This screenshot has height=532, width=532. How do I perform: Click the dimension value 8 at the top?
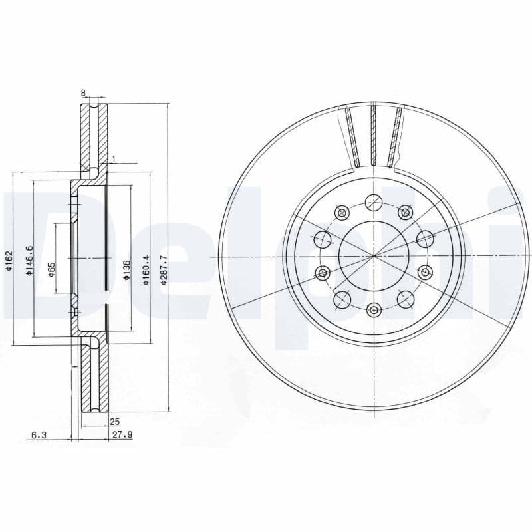83,94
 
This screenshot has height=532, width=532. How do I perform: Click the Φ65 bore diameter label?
51,269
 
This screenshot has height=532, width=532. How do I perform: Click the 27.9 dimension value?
119,435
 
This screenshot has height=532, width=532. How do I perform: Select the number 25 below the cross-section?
114,422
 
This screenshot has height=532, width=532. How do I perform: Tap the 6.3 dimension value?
38,435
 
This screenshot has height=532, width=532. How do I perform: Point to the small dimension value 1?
114,158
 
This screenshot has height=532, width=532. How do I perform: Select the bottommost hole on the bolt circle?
374,309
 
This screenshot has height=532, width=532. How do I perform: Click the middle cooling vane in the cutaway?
373,136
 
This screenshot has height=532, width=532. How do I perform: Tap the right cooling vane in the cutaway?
396,137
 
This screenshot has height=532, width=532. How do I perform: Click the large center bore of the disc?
373,255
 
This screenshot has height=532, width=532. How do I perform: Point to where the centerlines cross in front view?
374,256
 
